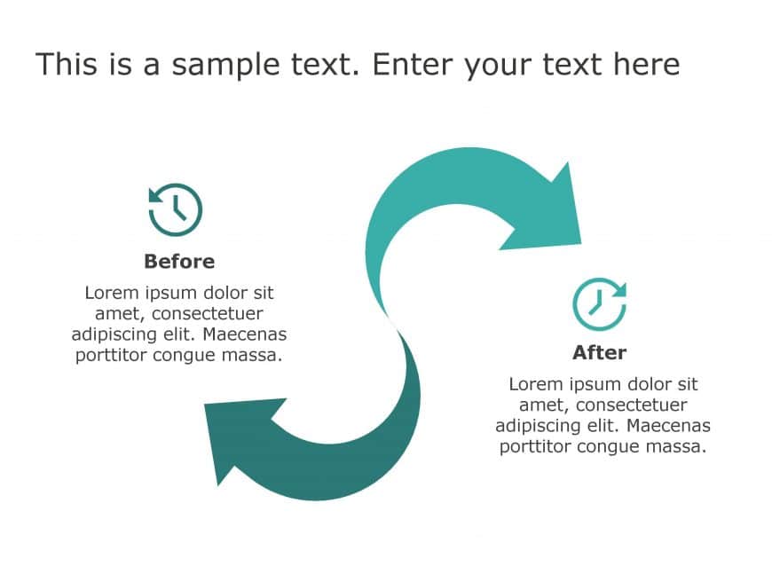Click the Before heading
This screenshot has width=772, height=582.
click(179, 262)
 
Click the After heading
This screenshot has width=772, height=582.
click(599, 352)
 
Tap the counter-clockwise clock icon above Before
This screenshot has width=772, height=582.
click(176, 210)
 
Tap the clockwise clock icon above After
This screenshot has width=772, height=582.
click(599, 302)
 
